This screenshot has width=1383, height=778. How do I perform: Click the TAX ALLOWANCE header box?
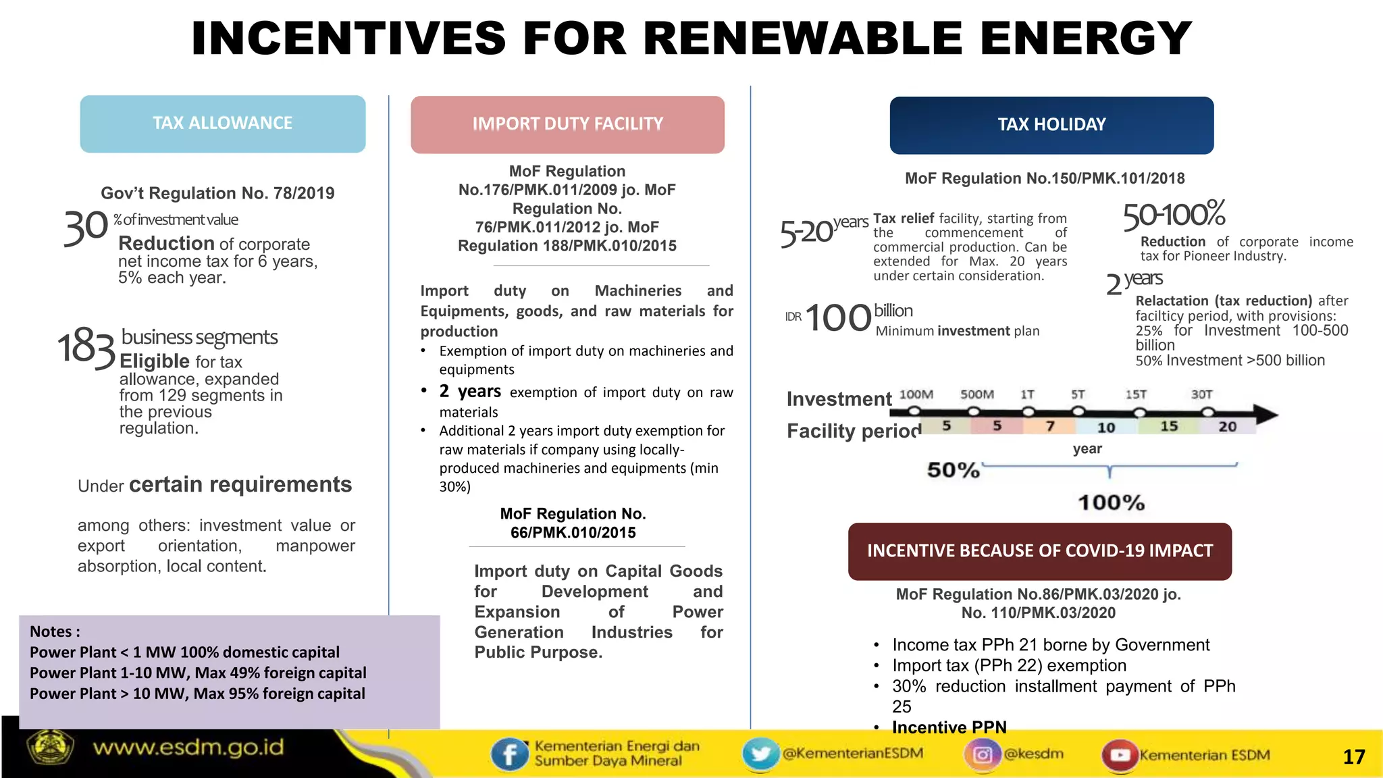223,124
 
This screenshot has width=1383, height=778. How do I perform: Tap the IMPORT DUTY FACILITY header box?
567,124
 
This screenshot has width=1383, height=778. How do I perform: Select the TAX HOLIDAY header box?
1051,125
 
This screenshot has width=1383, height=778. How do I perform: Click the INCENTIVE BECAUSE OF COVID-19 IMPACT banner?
1040,551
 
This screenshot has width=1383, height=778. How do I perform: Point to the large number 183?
86,347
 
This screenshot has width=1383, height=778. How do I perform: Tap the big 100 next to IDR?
838,318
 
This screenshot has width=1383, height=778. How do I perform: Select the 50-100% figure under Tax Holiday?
1174,215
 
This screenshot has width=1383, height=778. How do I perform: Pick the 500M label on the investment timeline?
976,394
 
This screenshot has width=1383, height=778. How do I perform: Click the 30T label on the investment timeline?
1201,394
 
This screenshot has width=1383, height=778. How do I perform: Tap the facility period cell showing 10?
1105,427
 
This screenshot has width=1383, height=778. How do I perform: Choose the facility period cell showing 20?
1227,426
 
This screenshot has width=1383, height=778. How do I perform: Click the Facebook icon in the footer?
509,754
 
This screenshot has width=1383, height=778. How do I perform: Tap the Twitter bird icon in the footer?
760,754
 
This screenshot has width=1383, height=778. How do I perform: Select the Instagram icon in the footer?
983,754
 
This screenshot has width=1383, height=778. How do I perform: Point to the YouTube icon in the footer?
1120,755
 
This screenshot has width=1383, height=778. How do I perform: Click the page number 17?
1353,757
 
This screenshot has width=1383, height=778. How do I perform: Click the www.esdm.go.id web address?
188,748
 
